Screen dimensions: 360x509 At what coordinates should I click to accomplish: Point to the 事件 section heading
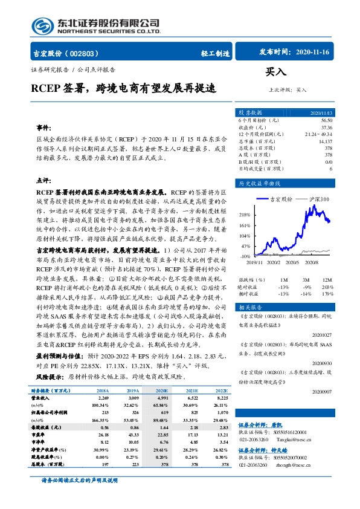[x=43, y=128]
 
